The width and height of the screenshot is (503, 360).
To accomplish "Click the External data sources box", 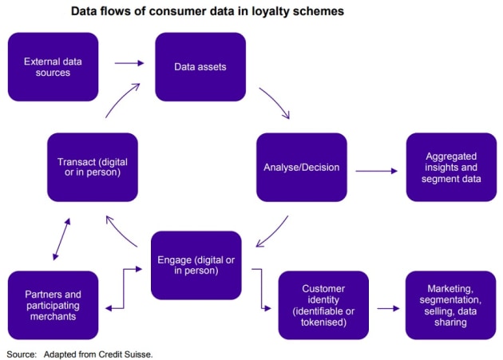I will coord(53,66).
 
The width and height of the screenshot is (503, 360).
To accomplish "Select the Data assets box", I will coord(200,66).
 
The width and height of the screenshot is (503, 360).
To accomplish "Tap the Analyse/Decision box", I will coord(302,167).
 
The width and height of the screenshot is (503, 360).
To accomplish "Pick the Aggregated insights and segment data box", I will coord(451,167).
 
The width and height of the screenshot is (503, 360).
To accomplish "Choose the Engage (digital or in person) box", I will coord(196,265).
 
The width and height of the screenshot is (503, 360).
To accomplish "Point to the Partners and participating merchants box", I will coord(53,305).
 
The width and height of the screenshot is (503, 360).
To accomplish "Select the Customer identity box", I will coord(323,305).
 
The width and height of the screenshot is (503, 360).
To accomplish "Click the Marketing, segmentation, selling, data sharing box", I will coord(451,305).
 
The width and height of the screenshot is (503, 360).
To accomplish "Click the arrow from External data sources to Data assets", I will coord(128,62).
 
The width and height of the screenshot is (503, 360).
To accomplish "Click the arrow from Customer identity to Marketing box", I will coord(387,307).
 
